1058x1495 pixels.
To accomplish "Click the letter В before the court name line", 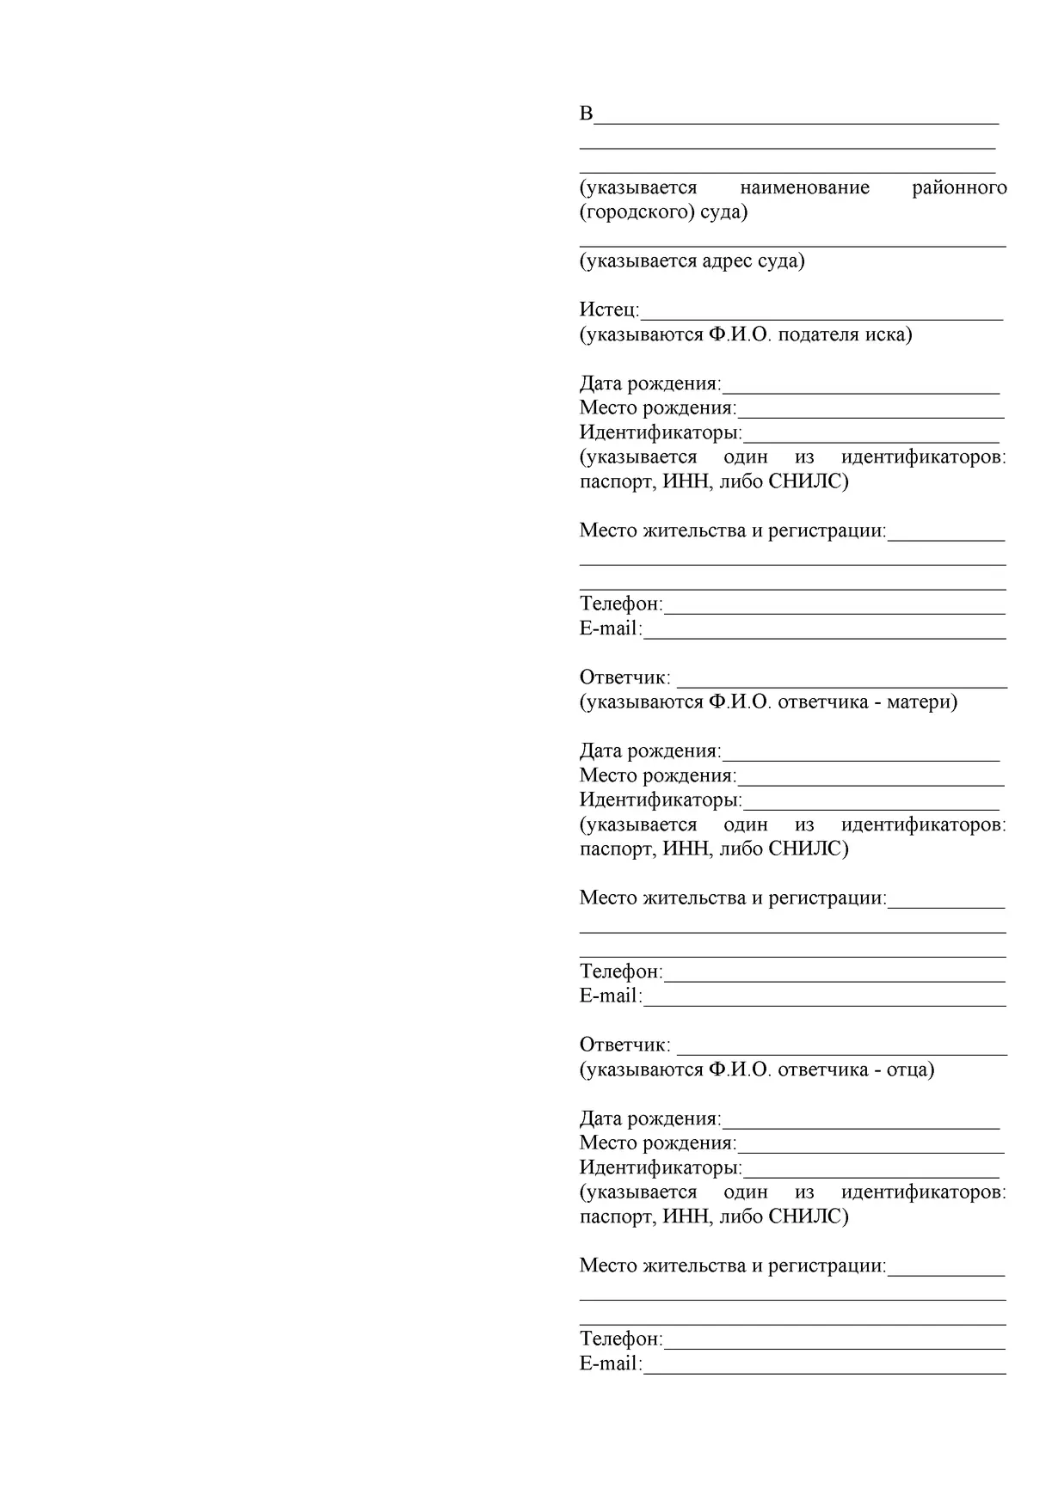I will point(587,113).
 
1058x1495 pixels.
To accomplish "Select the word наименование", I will point(804,187).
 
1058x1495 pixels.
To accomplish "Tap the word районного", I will point(959,187).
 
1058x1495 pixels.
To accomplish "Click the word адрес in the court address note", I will point(728,260).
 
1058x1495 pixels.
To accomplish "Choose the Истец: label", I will point(609,309).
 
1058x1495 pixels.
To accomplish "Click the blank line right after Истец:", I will point(821,314).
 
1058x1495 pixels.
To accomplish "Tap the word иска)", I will point(889,334).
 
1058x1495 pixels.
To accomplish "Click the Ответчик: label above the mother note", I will point(624,677).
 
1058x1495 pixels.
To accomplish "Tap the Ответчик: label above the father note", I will point(624,1045).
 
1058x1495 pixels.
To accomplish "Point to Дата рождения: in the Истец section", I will point(650,383).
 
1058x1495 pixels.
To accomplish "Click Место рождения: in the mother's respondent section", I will point(658,775).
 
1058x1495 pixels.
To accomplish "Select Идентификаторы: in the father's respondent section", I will point(661,1167).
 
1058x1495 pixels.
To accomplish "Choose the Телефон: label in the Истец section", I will point(621,604).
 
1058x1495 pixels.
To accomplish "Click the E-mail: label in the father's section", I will point(611,1363).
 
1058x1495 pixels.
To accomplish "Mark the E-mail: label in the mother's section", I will point(611,996).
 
